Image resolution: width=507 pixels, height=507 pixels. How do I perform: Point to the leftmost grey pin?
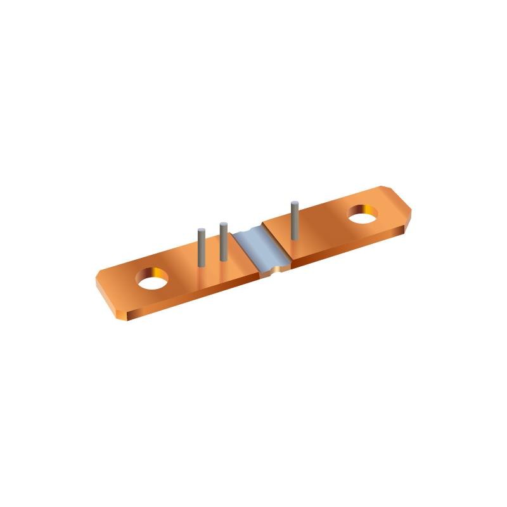coord(201,248)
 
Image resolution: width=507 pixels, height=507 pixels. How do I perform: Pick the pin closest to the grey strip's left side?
coord(223,241)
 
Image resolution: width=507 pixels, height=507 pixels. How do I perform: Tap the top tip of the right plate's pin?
coord(294,203)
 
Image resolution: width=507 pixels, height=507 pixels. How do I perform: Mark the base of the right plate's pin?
coord(294,239)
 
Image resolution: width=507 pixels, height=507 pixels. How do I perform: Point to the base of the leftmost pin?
coord(201,266)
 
